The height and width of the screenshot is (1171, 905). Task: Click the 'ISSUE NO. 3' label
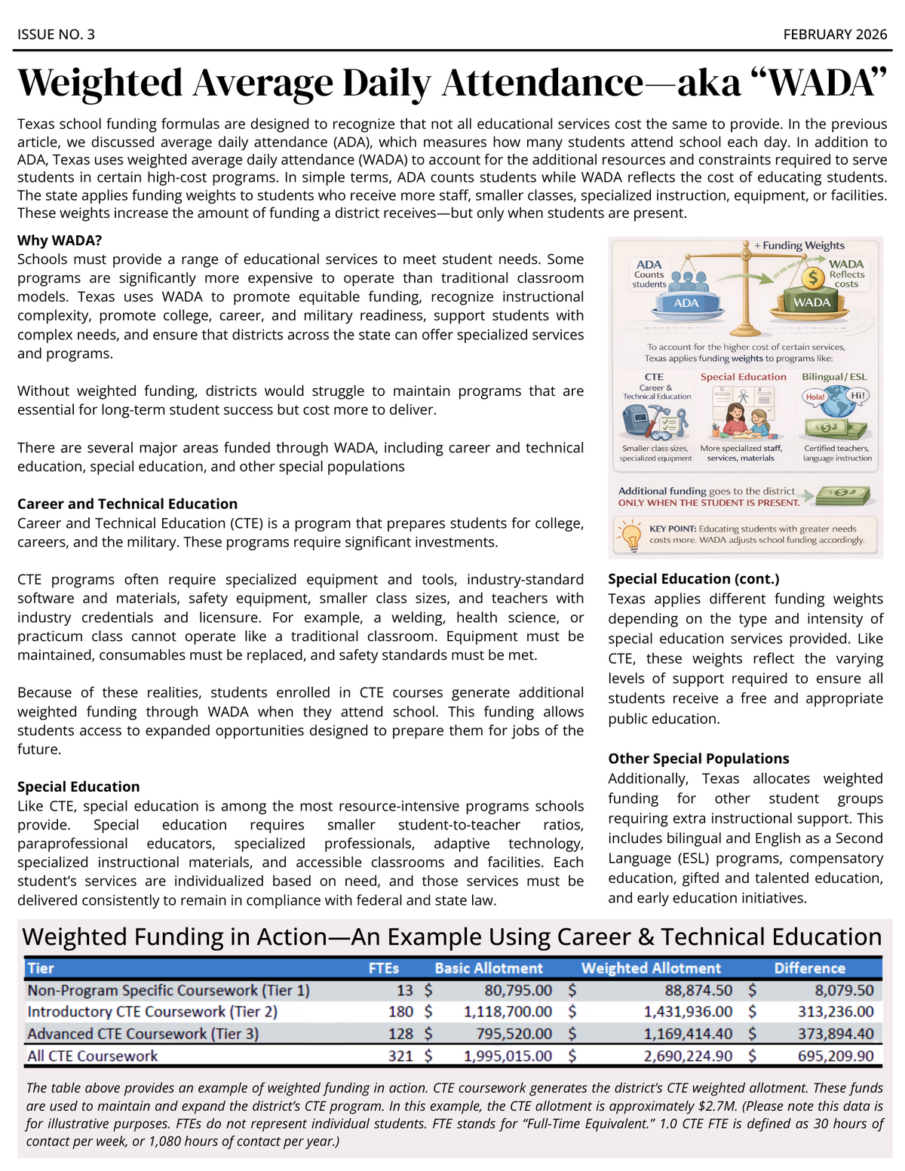56,35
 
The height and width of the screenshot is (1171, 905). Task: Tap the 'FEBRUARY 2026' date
835,35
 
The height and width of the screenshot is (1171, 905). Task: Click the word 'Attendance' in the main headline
542,82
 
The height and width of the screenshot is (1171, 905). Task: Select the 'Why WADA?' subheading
60,241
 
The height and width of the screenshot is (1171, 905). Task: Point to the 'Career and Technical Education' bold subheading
127,504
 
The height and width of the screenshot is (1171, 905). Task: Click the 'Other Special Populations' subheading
698,759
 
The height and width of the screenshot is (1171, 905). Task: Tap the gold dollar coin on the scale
813,277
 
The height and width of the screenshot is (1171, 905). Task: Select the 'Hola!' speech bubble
814,397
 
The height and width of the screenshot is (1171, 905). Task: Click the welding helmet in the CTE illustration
638,419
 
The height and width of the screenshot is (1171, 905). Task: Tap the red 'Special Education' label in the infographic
743,377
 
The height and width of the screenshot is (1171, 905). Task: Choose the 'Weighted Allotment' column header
651,968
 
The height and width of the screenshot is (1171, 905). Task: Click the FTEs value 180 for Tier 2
400,1012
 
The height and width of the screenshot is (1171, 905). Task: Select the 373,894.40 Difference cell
836,1034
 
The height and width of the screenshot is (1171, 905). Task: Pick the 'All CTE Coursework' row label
93,1056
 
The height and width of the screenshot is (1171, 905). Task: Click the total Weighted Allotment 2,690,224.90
687,1056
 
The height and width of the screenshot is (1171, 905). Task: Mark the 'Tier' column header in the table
41,968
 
